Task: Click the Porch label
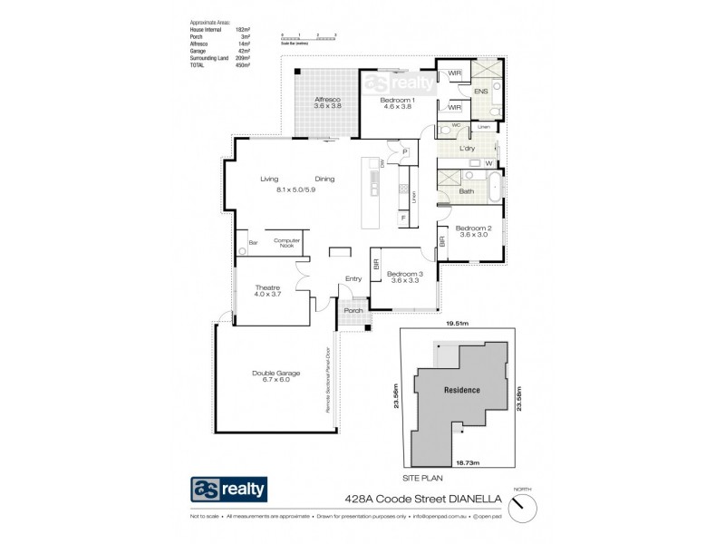(x=353, y=310)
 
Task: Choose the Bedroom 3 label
(x=405, y=276)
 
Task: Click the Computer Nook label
(x=286, y=243)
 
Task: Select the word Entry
(x=353, y=279)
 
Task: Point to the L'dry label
(x=468, y=148)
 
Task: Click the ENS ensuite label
(x=480, y=92)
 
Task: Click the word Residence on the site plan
(x=461, y=390)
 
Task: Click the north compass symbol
(x=520, y=509)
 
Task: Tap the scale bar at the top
(x=308, y=36)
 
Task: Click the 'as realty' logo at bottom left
(x=229, y=491)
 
